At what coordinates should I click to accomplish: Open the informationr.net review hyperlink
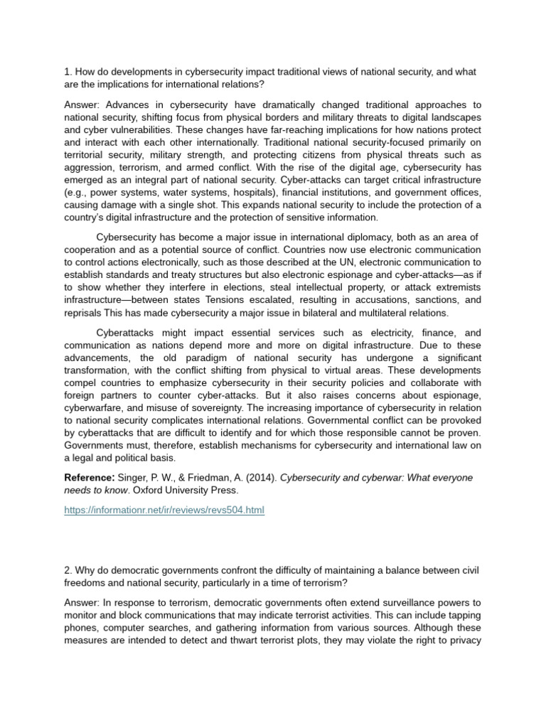click(x=164, y=510)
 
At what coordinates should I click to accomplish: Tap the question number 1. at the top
click(x=68, y=72)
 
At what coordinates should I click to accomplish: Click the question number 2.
click(x=68, y=572)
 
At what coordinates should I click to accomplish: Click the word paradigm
click(x=198, y=358)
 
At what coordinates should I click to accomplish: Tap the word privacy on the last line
click(x=464, y=641)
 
